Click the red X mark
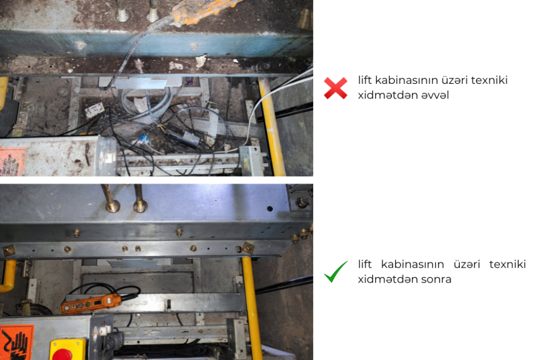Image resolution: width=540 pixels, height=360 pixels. [335, 88]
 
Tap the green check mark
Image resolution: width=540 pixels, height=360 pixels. [335, 272]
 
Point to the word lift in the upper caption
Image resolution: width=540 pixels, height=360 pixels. [365, 80]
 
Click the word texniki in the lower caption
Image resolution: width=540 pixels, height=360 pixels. [508, 264]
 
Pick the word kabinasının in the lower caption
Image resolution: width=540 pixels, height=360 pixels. [412, 264]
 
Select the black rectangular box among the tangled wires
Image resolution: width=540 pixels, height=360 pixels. [182, 135]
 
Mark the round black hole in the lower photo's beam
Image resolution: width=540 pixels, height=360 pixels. [270, 209]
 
